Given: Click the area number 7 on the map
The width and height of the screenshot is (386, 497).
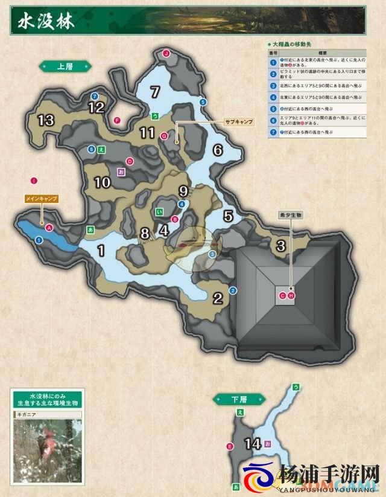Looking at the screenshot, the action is (x=155, y=92).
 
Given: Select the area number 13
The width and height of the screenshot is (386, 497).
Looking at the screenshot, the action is (x=46, y=120).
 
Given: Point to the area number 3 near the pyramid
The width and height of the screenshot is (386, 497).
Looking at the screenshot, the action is (x=280, y=245).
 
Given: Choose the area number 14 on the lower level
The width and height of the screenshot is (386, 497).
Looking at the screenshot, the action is (x=252, y=444).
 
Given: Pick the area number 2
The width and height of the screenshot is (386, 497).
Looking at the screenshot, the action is (x=218, y=297).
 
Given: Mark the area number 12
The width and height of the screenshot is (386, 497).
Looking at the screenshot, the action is (x=96, y=107).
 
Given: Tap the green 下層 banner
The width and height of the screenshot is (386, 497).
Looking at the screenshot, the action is (x=239, y=399).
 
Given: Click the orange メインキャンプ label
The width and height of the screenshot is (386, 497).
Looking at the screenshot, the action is (x=42, y=197).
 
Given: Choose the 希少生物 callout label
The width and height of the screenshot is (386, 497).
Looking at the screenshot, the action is (x=290, y=214).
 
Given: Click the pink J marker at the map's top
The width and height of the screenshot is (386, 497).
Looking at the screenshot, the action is (x=166, y=54).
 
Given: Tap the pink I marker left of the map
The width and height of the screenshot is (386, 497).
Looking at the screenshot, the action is (x=34, y=180).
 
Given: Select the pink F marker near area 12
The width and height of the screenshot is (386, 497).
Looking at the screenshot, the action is (x=117, y=120).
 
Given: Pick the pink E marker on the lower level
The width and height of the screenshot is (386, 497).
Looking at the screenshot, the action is (x=230, y=446).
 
